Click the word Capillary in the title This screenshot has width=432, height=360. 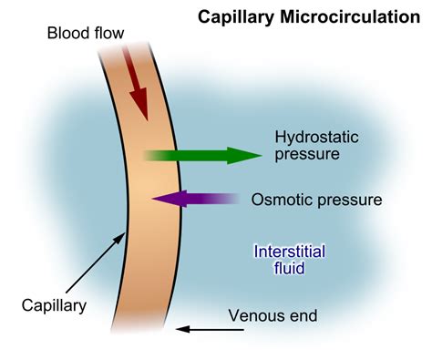[240, 17]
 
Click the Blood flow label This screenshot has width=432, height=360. [87, 35]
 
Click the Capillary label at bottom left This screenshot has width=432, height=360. [56, 305]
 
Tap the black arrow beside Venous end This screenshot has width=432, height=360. [198, 328]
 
